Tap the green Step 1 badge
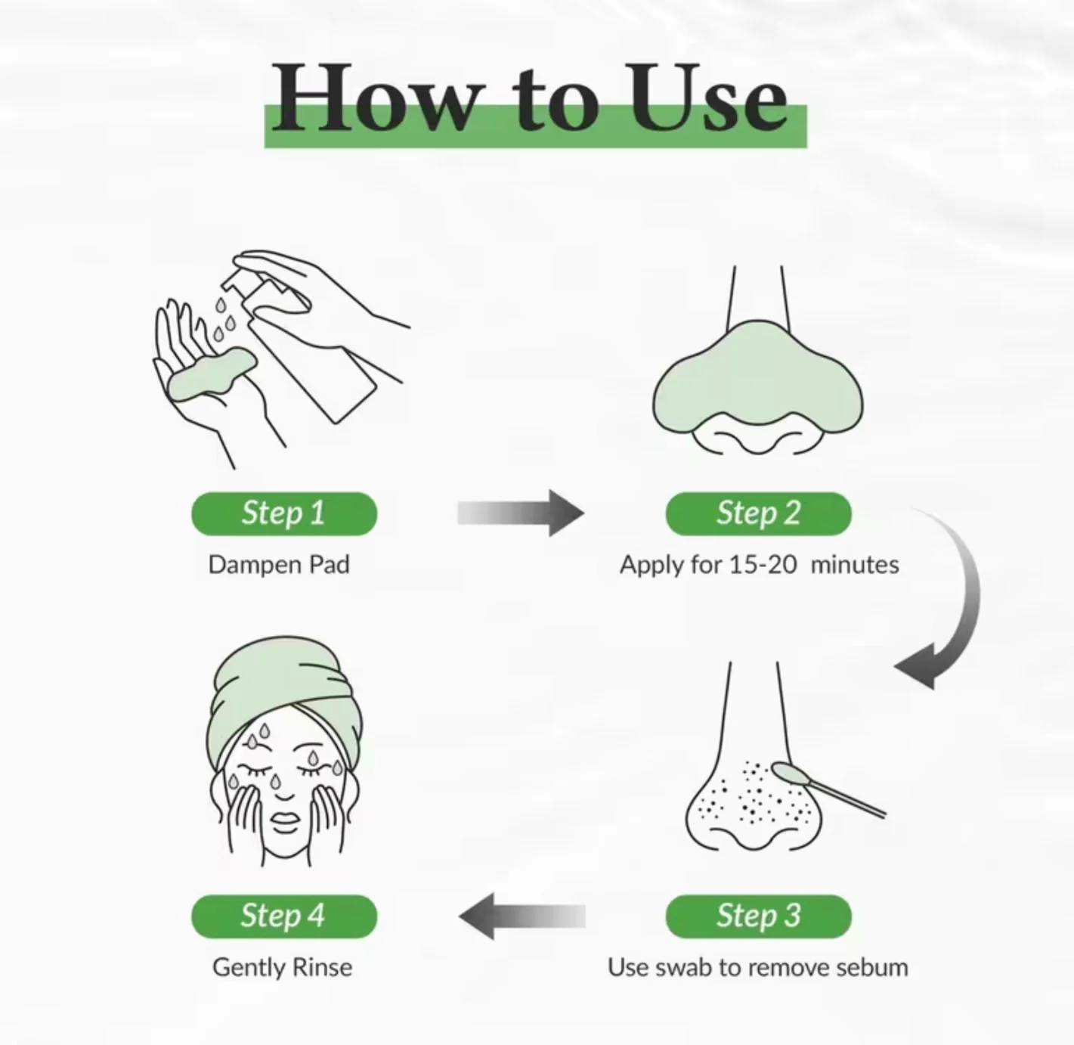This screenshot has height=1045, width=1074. pyautogui.click(x=284, y=513)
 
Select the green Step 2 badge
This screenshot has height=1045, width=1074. pyautogui.click(x=759, y=513)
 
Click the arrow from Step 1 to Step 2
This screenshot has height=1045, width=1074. pyautogui.click(x=521, y=513)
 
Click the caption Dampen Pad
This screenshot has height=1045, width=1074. pyautogui.click(x=279, y=565)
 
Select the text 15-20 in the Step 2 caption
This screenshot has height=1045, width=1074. pyautogui.click(x=763, y=564)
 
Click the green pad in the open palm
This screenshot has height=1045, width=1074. pyautogui.click(x=212, y=374)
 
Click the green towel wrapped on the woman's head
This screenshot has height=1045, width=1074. pyautogui.click(x=285, y=690)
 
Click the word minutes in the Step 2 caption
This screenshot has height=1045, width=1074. pyautogui.click(x=855, y=564)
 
